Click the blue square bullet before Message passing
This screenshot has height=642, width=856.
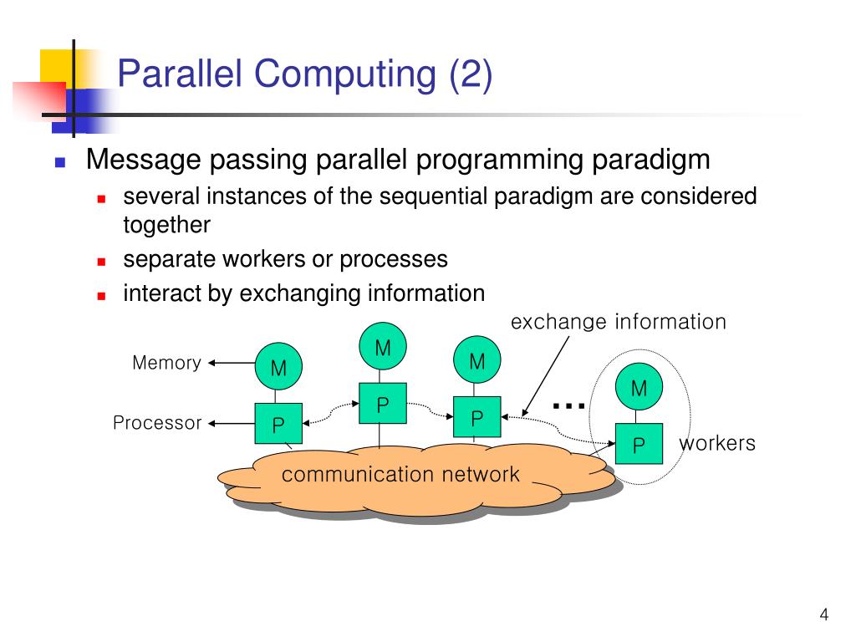[x=60, y=162]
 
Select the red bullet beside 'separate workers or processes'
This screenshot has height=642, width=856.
[x=101, y=262]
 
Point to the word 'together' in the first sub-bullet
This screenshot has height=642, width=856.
[x=166, y=226]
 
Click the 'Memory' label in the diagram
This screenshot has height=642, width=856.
[x=166, y=363]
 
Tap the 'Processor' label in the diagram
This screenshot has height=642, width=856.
[x=157, y=423]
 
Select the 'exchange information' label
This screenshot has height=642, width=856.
[x=619, y=322]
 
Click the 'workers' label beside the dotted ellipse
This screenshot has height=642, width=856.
[x=717, y=443]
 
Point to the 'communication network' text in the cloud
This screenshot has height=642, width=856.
[x=400, y=475]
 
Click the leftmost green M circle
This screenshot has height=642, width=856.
[x=278, y=367]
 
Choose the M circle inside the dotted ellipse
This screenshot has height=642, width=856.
[x=639, y=388]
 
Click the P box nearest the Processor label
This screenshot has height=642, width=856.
[x=278, y=425]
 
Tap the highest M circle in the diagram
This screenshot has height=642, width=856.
[x=382, y=347]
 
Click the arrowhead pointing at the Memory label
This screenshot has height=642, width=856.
[x=212, y=363]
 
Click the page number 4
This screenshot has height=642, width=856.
[x=823, y=616]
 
